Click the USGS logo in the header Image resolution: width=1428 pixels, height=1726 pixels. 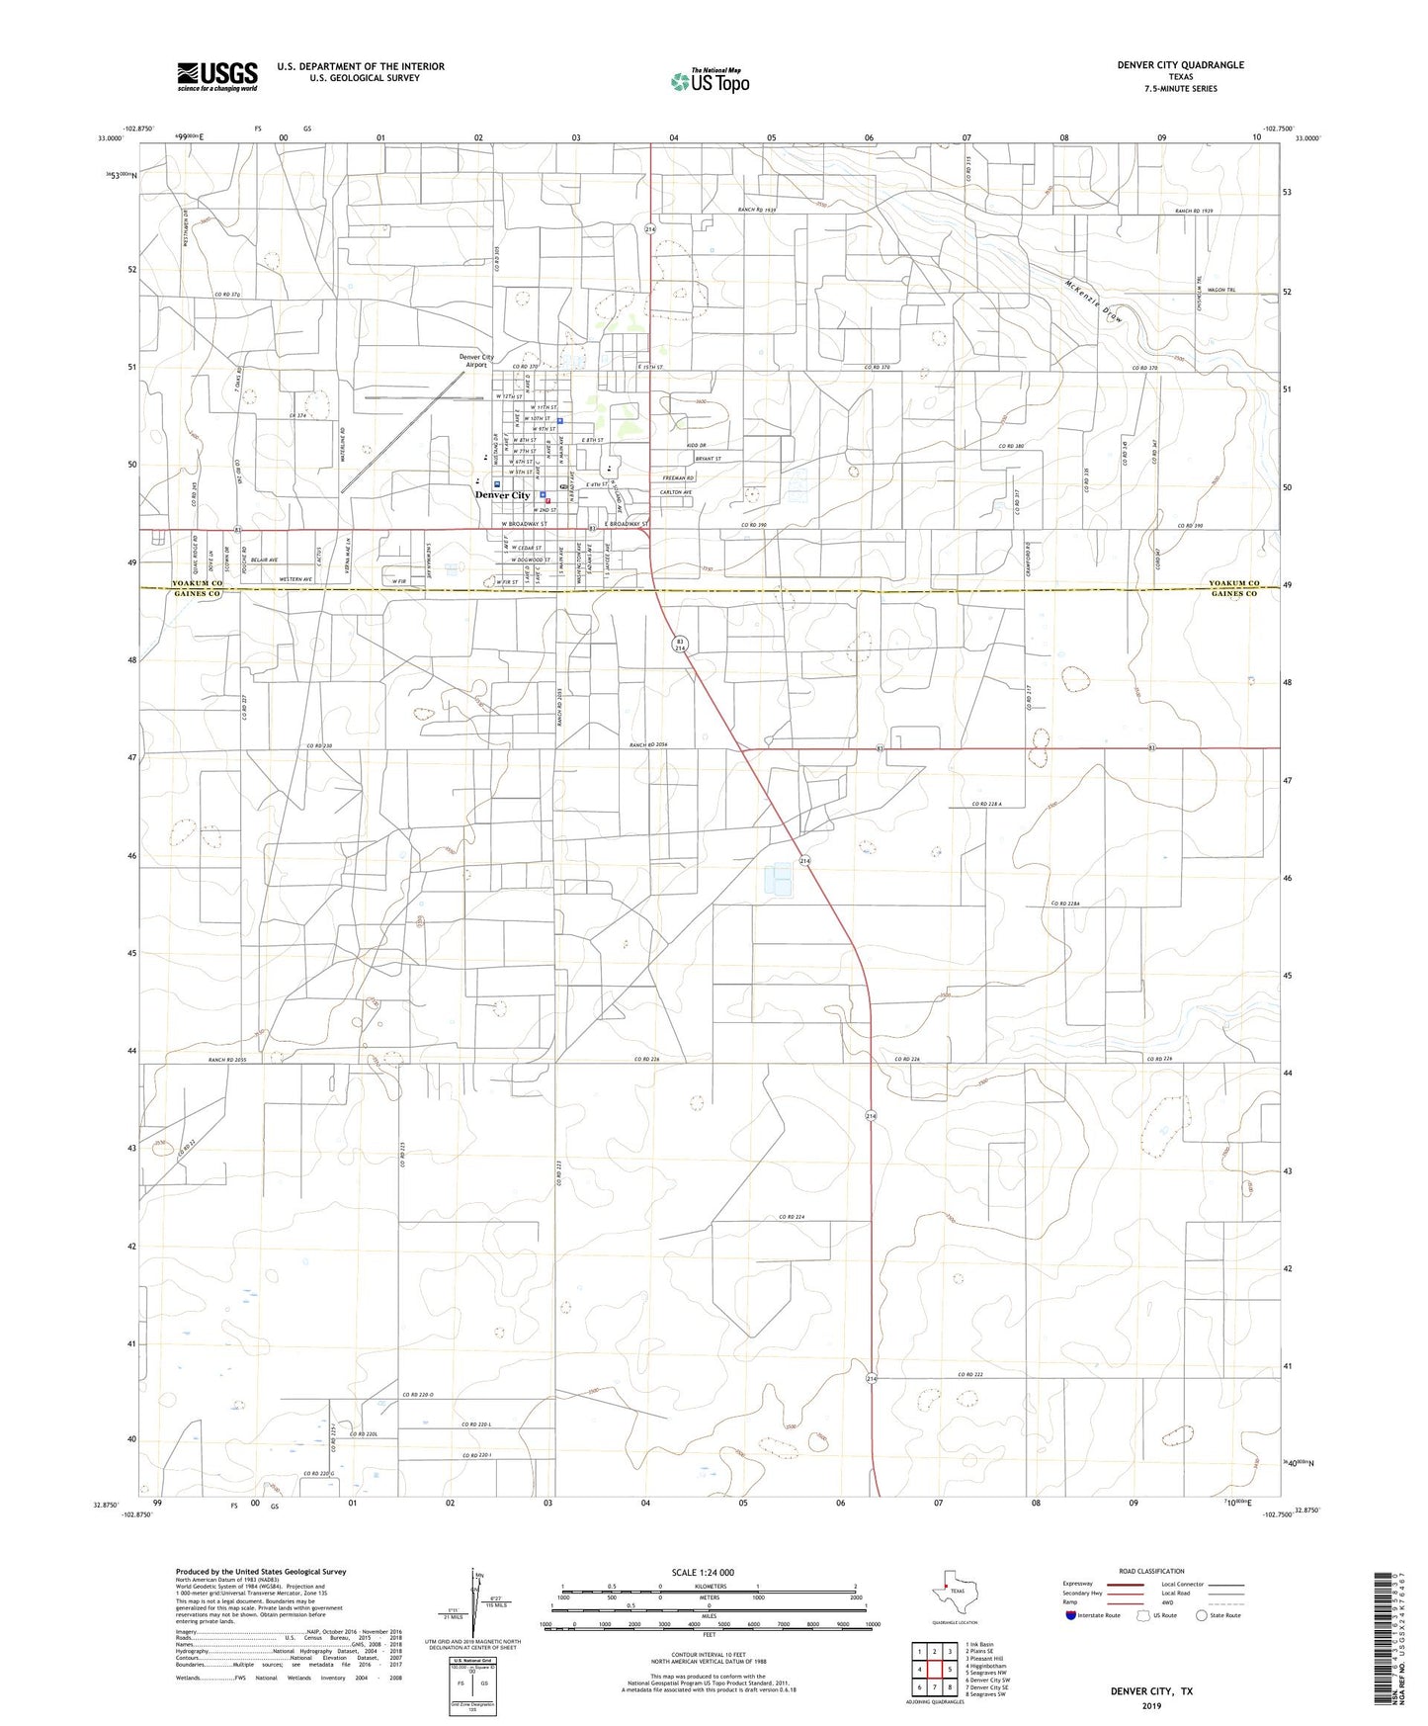tap(217, 76)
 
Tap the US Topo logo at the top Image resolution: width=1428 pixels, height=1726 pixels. tap(710, 81)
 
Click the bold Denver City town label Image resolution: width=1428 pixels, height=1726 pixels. tap(502, 495)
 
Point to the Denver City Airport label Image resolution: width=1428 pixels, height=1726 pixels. tap(476, 361)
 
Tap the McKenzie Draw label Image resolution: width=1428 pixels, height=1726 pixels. tap(1095, 301)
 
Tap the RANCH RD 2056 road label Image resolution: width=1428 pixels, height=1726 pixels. tap(649, 744)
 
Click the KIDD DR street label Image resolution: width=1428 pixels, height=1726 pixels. tap(696, 446)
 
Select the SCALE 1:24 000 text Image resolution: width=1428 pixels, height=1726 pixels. tap(703, 1572)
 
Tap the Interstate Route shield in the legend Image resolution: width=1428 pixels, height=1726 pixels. tap(1072, 1615)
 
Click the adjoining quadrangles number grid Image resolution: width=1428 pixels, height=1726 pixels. tap(934, 1670)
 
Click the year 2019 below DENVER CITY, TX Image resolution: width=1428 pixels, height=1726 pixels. tap(1150, 1706)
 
